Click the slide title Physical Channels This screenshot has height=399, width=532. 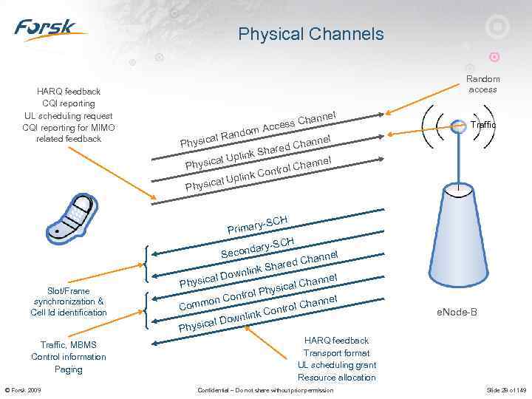[x=311, y=34]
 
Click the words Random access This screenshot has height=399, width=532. [x=482, y=84]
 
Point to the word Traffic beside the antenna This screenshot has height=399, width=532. [x=483, y=126]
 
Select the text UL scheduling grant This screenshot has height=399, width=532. [x=337, y=365]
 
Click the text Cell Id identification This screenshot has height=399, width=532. [x=69, y=313]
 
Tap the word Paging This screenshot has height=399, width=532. [x=69, y=369]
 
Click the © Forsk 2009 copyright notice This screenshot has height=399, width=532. [x=24, y=390]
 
